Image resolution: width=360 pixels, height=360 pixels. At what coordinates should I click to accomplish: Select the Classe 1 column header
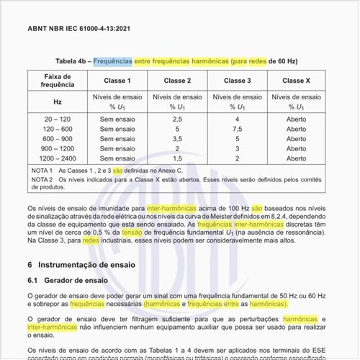pyautogui.click(x=117, y=81)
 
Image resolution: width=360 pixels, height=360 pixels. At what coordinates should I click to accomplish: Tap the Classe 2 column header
pyautogui.click(x=177, y=81)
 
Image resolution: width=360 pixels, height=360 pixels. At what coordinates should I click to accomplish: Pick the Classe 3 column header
pyautogui.click(x=237, y=81)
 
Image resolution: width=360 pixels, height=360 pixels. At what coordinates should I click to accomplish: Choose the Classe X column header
pyautogui.click(x=297, y=81)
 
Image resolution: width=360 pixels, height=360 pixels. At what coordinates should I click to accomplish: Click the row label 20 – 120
pyautogui.click(x=58, y=118)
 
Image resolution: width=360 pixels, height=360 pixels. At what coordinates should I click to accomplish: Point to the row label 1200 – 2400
pyautogui.click(x=58, y=158)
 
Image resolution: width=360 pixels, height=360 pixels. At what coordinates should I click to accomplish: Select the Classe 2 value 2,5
pyautogui.click(x=177, y=118)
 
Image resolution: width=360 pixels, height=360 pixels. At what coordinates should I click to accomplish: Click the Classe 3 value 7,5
pyautogui.click(x=237, y=128)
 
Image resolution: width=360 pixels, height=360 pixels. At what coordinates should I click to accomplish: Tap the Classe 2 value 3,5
pyautogui.click(x=177, y=138)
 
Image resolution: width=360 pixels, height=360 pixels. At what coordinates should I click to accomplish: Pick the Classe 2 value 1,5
pyautogui.click(x=177, y=158)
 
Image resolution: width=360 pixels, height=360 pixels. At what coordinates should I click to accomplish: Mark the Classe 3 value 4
pyautogui.click(x=237, y=118)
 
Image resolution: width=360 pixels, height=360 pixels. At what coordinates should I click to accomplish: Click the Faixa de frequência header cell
pyautogui.click(x=58, y=81)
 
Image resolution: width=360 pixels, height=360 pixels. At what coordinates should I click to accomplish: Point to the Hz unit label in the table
pyautogui.click(x=58, y=102)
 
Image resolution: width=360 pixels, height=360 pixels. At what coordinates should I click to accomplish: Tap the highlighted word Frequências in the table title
pyautogui.click(x=113, y=61)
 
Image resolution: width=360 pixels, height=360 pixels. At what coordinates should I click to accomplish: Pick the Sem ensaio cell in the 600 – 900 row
pyautogui.click(x=117, y=138)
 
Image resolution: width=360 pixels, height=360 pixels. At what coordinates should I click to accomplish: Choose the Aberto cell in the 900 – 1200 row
pyautogui.click(x=297, y=148)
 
